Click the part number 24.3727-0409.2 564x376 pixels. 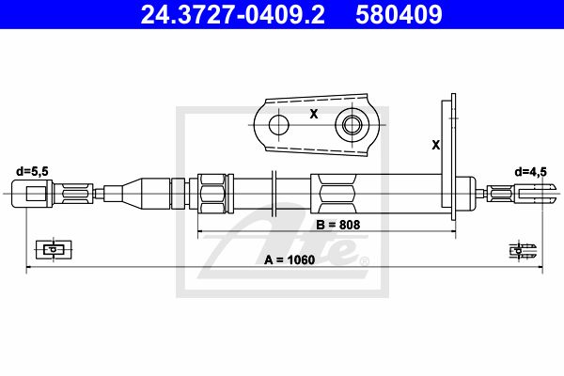coord(233,14)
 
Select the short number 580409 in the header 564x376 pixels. coord(399,14)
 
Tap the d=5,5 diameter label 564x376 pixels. coord(32,171)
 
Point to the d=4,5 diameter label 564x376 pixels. coord(530,172)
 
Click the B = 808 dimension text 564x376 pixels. coord(338,225)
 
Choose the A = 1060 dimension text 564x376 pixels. coord(290,259)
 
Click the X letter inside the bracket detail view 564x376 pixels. coord(314,114)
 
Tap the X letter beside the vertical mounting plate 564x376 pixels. coord(435,146)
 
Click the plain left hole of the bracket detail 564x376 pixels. coord(279,125)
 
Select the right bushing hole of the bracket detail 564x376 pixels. coord(352,125)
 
